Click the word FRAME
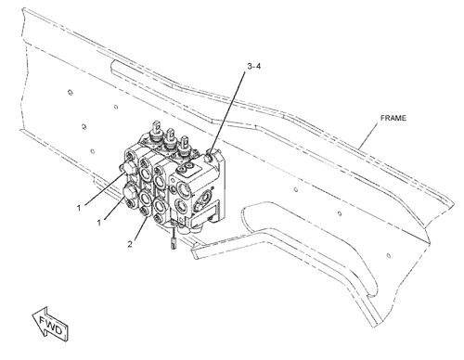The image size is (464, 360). (x=393, y=118)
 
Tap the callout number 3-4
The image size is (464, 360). (x=254, y=66)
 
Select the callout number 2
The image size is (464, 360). (x=130, y=244)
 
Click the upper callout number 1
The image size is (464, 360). (x=79, y=208)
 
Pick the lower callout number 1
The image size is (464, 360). (x=99, y=223)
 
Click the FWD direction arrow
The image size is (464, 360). (x=51, y=325)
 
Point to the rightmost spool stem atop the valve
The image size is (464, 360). (x=184, y=144)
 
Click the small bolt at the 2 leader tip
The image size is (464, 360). (x=144, y=212)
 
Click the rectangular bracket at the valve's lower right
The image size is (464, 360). (x=204, y=215)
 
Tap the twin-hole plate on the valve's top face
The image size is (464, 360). (x=186, y=169)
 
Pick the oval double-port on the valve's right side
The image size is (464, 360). (x=204, y=199)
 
